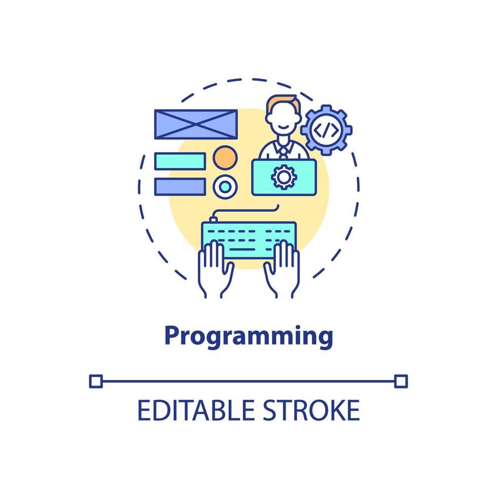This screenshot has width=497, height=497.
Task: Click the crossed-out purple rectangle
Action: tap(196, 124)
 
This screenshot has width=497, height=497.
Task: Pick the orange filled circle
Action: tap(225, 157)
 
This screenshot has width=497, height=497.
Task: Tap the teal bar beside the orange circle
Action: tap(180, 161)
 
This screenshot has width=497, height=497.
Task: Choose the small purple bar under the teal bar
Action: tap(180, 186)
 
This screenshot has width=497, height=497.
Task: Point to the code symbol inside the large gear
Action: tap(327, 130)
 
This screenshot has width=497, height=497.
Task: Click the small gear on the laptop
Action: tap(283, 177)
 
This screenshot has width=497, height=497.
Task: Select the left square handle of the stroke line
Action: tap(95, 381)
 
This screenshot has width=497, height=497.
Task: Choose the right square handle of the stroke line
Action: tap(401, 381)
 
